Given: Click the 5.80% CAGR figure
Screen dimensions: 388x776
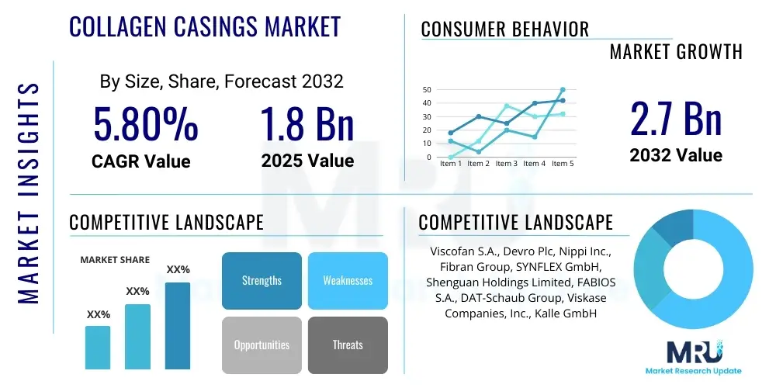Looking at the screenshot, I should tap(145, 124).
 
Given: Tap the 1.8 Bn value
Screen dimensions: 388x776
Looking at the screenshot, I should tap(307, 124).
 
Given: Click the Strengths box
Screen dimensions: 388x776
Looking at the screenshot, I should tap(262, 280).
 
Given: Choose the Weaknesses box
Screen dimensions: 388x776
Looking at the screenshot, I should tap(348, 280).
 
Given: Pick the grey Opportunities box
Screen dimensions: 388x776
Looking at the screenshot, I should tap(262, 345).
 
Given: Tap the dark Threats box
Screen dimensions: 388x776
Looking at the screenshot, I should tap(348, 345).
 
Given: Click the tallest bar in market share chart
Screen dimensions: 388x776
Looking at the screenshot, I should tap(177, 325).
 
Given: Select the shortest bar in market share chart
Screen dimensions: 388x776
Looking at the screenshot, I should tap(98, 347).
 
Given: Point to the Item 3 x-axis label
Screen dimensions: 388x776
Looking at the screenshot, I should tap(506, 164).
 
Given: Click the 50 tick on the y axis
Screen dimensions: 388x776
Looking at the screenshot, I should tap(426, 89).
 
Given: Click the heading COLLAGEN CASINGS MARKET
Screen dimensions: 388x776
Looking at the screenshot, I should tap(205, 27).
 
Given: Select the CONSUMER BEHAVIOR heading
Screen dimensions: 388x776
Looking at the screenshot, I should tap(505, 29).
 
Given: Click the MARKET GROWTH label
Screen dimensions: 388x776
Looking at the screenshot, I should tap(676, 52).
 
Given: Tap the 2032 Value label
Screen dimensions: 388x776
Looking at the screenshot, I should tap(675, 155).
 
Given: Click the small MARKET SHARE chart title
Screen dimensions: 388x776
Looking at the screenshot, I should tap(115, 260).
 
